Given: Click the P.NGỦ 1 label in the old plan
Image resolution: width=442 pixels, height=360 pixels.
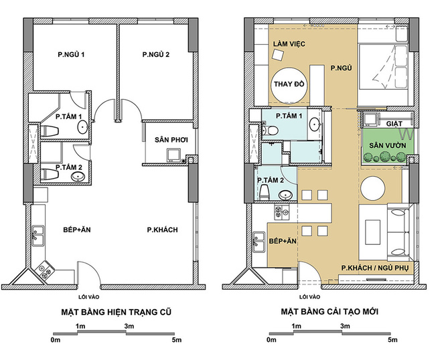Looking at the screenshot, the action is point(71,54).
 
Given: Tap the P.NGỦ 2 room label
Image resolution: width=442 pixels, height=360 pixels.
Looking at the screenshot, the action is point(156,54).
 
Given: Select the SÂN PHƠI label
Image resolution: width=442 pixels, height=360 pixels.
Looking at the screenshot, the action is point(171,140).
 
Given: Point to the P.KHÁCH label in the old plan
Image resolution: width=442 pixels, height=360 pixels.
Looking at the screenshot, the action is point(162,230).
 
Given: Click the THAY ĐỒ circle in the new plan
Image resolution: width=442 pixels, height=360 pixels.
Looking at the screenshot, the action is point(289,84).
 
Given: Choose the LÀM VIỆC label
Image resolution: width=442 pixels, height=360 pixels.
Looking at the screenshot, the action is point(289,44).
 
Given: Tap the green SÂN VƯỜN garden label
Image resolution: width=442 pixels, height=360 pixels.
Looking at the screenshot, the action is point(388,145).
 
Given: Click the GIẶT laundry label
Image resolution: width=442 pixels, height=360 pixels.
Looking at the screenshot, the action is point(394,124).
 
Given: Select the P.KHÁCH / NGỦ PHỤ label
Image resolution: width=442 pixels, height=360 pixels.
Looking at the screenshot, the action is point(375,268).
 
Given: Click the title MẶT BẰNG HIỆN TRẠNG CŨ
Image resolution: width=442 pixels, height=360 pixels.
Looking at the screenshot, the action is point(116,312).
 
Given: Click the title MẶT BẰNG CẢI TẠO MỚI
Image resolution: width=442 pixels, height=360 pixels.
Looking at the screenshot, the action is point(329,312).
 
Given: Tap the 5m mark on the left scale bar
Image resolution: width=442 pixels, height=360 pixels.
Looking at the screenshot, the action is point(177,340).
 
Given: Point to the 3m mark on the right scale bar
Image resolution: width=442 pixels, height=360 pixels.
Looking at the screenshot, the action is point(345,326).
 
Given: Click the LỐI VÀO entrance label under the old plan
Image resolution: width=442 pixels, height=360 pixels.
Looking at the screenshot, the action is point(89,297).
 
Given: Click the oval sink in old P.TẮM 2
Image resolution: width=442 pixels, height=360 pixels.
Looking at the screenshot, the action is point(78,177).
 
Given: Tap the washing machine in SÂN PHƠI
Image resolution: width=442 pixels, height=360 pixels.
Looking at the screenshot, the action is point(174,155).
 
